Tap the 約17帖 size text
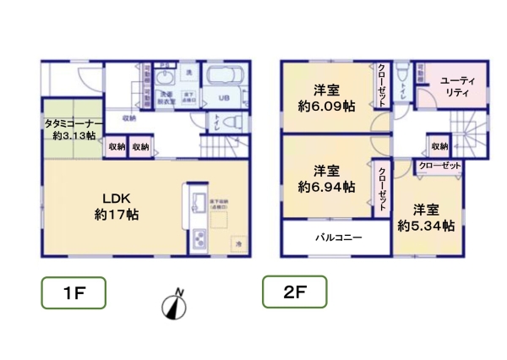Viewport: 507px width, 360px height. pyautogui.click(x=117, y=215)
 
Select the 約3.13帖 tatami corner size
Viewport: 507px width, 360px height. pyautogui.click(x=74, y=134)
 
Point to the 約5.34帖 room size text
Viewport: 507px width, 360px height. pyautogui.click(x=427, y=226)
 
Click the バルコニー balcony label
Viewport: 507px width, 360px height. pyautogui.click(x=340, y=238)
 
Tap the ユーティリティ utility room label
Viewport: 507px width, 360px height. pyautogui.click(x=459, y=87)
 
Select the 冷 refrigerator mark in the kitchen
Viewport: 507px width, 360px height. pyautogui.click(x=238, y=243)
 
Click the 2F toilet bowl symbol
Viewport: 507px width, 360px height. pyautogui.click(x=401, y=74)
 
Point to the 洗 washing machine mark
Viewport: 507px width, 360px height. pyautogui.click(x=189, y=71)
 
